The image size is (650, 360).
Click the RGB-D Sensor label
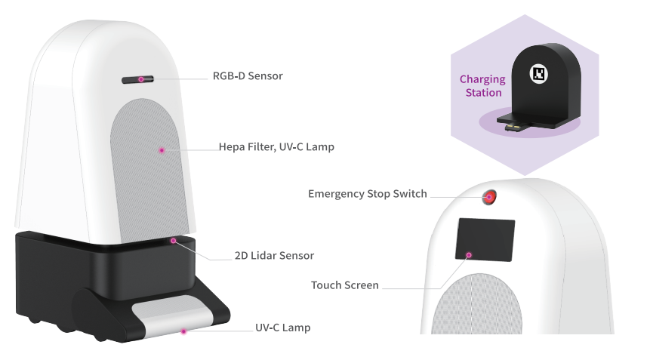[x=248, y=75]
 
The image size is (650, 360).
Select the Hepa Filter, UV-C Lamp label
[x=276, y=147]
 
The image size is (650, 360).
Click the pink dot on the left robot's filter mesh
[x=162, y=150]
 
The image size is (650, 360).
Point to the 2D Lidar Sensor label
[x=273, y=255]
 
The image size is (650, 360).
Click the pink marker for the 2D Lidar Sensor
[x=174, y=241]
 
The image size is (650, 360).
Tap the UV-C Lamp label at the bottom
[x=282, y=328]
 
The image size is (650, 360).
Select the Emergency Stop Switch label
[x=367, y=194]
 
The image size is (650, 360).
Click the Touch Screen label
[x=344, y=285]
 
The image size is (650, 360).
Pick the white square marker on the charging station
[x=539, y=73]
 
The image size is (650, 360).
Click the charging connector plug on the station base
[x=516, y=127]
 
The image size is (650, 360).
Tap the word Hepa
[x=232, y=147]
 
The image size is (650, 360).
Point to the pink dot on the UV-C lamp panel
[x=183, y=331]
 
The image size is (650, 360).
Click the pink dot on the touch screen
[x=469, y=255]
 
